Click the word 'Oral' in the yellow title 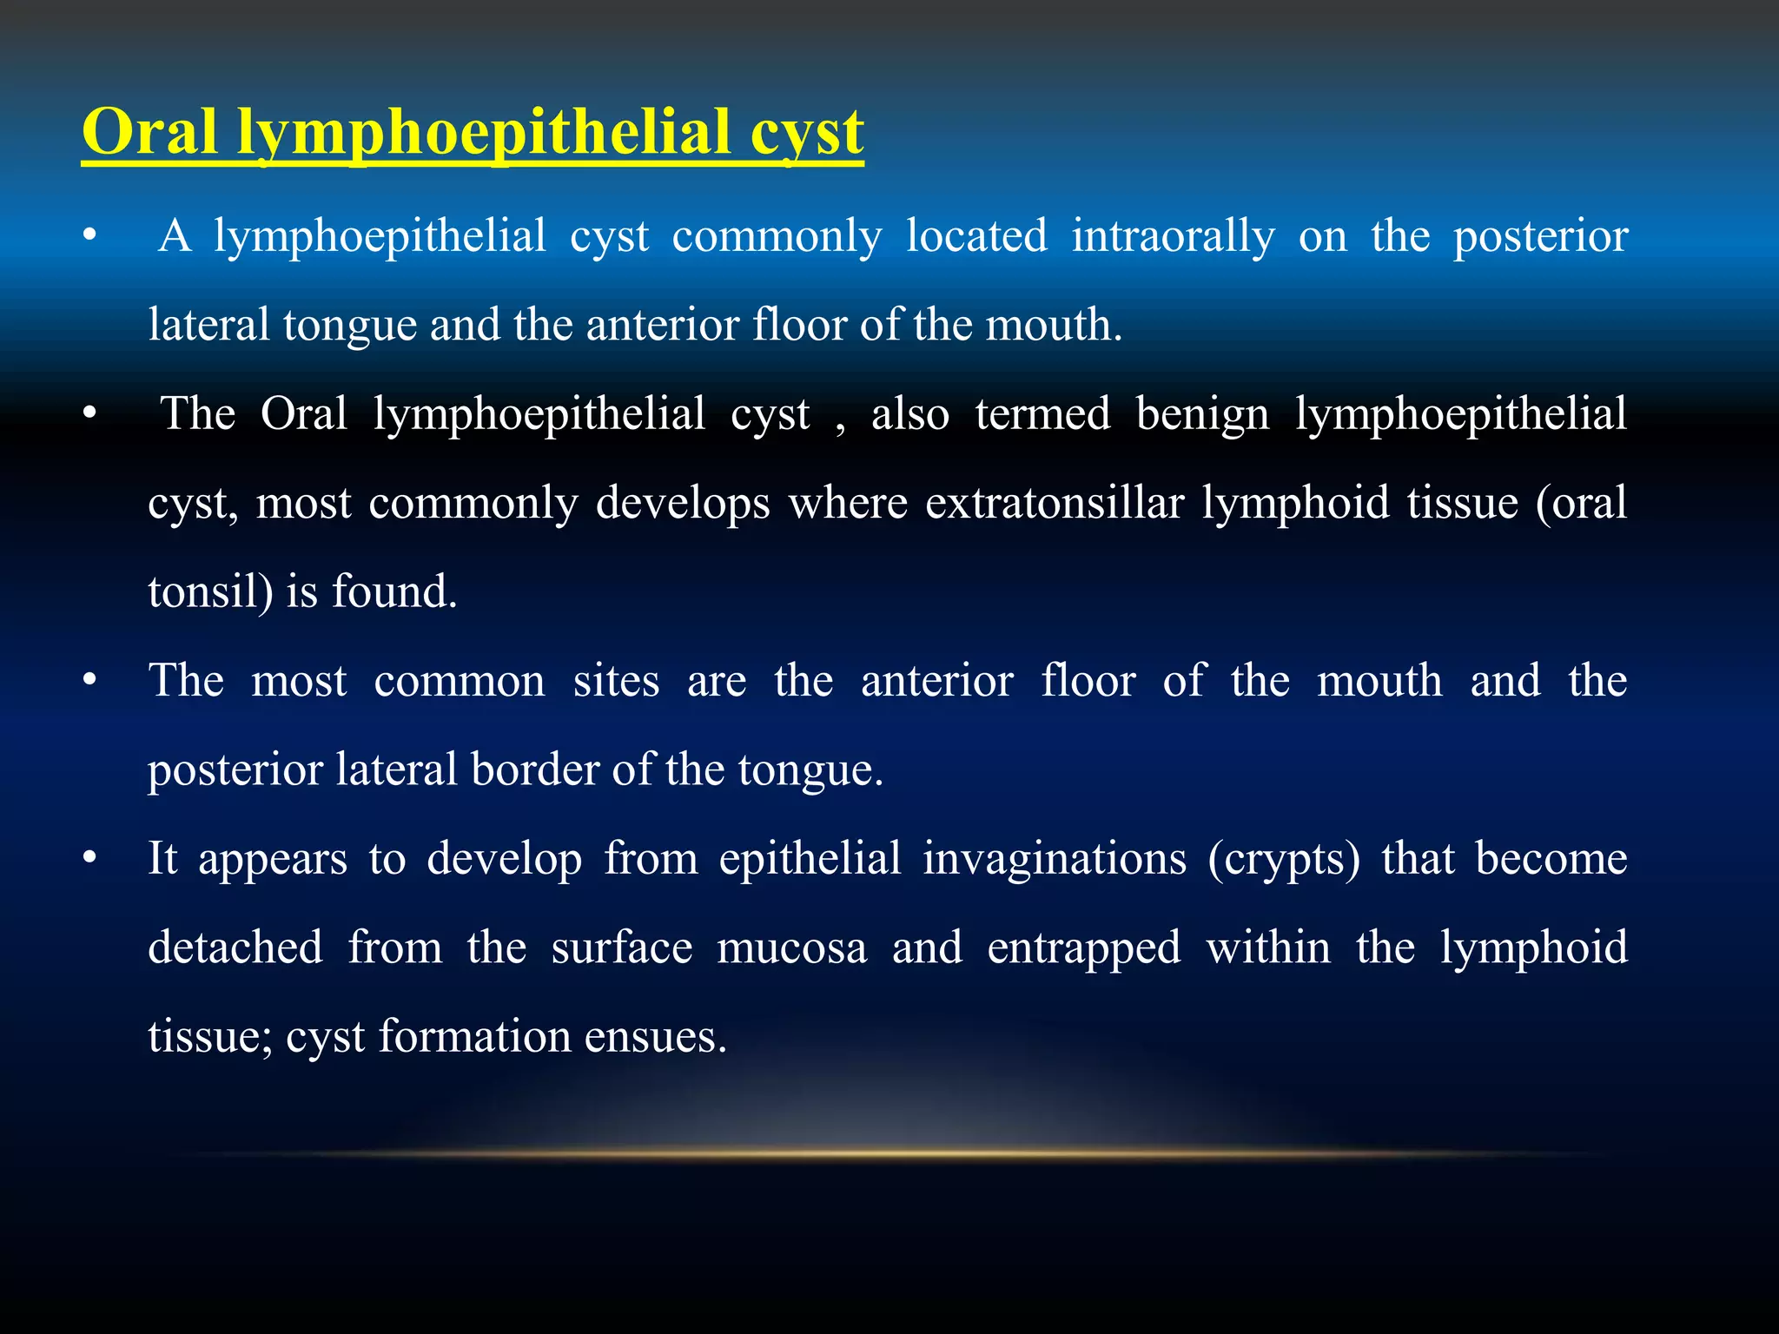[x=149, y=132]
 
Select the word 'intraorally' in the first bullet [x=1173, y=236]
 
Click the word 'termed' [x=1042, y=414]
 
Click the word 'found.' [x=394, y=592]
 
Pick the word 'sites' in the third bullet [x=616, y=681]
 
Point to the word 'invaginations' [x=1054, y=859]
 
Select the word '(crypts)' [x=1284, y=859]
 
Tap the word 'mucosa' [x=791, y=948]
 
